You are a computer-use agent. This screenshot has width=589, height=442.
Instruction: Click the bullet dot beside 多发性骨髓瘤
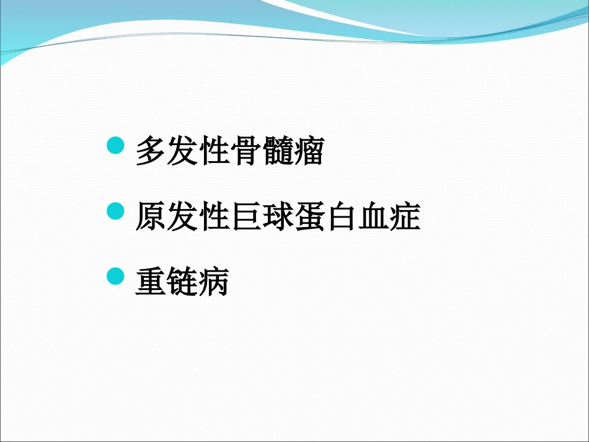116,146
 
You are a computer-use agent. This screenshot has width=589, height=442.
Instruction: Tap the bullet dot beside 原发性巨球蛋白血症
116,212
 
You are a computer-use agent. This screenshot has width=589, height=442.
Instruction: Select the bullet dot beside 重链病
116,277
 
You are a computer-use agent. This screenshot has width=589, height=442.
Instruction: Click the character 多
151,152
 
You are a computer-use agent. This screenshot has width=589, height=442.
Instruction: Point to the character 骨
245,152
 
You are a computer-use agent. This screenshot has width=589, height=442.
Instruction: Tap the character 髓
277,152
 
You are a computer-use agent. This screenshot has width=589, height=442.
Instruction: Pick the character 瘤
308,152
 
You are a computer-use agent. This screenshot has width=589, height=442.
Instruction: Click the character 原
151,218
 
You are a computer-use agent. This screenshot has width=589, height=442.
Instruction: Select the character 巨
245,218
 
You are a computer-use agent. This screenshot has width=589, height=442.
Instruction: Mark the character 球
277,218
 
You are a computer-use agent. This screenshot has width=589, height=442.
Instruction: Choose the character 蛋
308,218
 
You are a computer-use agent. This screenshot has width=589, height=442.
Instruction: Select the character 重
151,283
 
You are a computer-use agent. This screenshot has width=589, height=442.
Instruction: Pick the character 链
182,283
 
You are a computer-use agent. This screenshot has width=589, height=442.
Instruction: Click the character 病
213,283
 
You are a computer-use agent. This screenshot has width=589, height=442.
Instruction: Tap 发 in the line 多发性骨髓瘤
182,152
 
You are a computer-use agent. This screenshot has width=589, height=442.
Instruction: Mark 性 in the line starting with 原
213,218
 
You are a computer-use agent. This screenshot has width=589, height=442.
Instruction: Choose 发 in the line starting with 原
182,218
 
